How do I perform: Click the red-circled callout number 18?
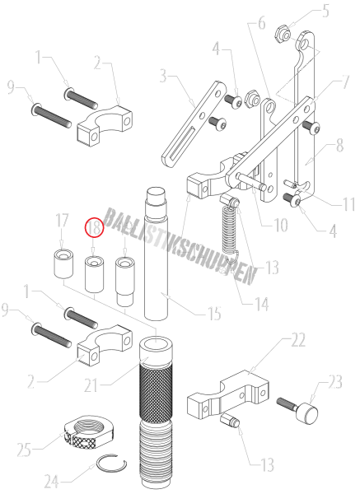(x=94, y=226)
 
